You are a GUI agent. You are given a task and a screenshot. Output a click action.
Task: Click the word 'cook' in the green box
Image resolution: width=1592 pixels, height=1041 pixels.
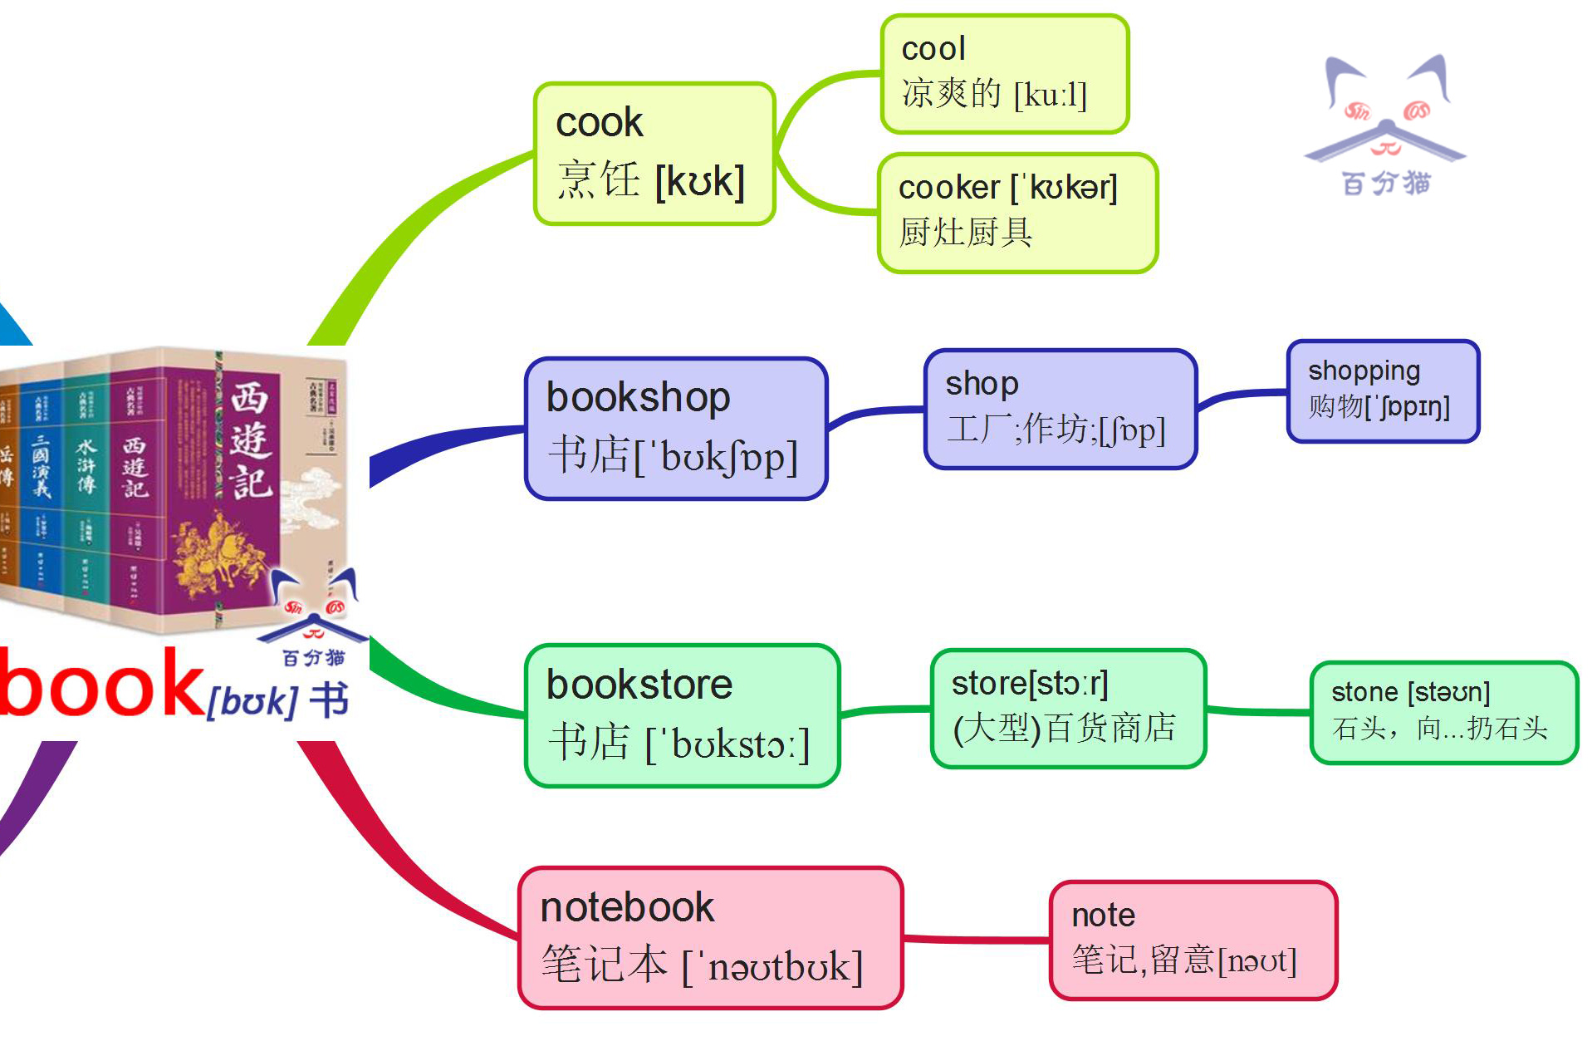[x=599, y=123]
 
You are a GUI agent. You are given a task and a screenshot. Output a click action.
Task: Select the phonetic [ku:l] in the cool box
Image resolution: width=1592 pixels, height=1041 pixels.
[x=1051, y=95]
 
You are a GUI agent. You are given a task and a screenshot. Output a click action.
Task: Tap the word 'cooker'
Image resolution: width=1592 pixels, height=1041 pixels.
[x=948, y=188]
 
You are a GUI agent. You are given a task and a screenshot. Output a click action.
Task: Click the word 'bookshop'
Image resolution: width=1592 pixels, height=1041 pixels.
[x=638, y=397]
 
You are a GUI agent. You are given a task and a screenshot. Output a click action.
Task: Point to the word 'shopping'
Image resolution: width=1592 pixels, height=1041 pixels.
[x=1364, y=371]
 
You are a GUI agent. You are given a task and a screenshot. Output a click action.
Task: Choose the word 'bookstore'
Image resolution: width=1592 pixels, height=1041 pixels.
[x=639, y=685]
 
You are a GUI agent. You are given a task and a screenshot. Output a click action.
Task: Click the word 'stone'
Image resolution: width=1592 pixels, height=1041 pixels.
[x=1364, y=692]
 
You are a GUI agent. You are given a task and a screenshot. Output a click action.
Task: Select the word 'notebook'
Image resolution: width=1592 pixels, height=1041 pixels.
[x=627, y=907]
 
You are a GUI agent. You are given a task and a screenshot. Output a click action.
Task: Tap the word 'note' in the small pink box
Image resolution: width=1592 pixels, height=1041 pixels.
[x=1103, y=916]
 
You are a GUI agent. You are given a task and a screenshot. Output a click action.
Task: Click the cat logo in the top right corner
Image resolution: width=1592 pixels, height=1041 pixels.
[x=1385, y=125]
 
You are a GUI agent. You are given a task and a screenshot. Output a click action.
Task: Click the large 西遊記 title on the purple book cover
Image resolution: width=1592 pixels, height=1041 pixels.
[x=250, y=440]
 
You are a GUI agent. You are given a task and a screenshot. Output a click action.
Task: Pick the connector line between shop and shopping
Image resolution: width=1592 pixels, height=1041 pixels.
[x=1242, y=397]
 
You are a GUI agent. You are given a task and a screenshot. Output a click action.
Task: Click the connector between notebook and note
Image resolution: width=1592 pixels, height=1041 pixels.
[x=976, y=940]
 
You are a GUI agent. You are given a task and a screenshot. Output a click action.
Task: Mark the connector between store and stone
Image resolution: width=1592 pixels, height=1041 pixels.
[x=1258, y=711]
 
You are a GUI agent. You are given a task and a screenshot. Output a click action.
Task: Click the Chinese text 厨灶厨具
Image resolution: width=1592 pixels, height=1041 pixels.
[x=965, y=233]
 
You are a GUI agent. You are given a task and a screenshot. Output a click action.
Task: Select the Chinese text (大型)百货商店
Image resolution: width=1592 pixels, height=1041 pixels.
[x=1064, y=729]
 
